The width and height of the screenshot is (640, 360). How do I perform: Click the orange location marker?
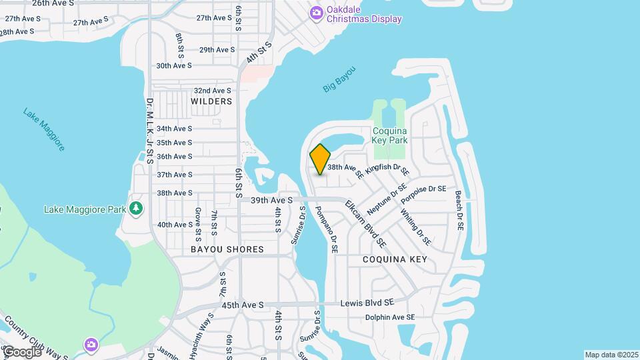(x=320, y=159)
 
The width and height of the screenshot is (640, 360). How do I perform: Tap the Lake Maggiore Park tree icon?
(x=136, y=209)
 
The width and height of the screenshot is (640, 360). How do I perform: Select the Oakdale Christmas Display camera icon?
(x=317, y=12)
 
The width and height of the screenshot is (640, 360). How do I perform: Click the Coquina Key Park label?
(x=390, y=135)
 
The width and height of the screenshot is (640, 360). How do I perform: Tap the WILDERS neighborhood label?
(x=211, y=101)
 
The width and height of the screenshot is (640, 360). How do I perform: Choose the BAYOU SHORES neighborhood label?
(x=227, y=249)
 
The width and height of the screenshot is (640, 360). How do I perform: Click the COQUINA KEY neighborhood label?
(x=395, y=259)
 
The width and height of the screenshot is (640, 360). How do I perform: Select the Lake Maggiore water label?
(x=44, y=129)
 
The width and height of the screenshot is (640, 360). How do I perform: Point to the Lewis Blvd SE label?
(x=367, y=302)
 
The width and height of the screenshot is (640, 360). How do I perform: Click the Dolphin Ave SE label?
(x=390, y=317)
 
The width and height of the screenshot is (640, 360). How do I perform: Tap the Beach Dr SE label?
(x=459, y=211)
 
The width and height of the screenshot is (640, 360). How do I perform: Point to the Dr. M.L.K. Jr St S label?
(x=149, y=131)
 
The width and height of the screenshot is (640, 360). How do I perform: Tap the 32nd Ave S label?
(x=212, y=91)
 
